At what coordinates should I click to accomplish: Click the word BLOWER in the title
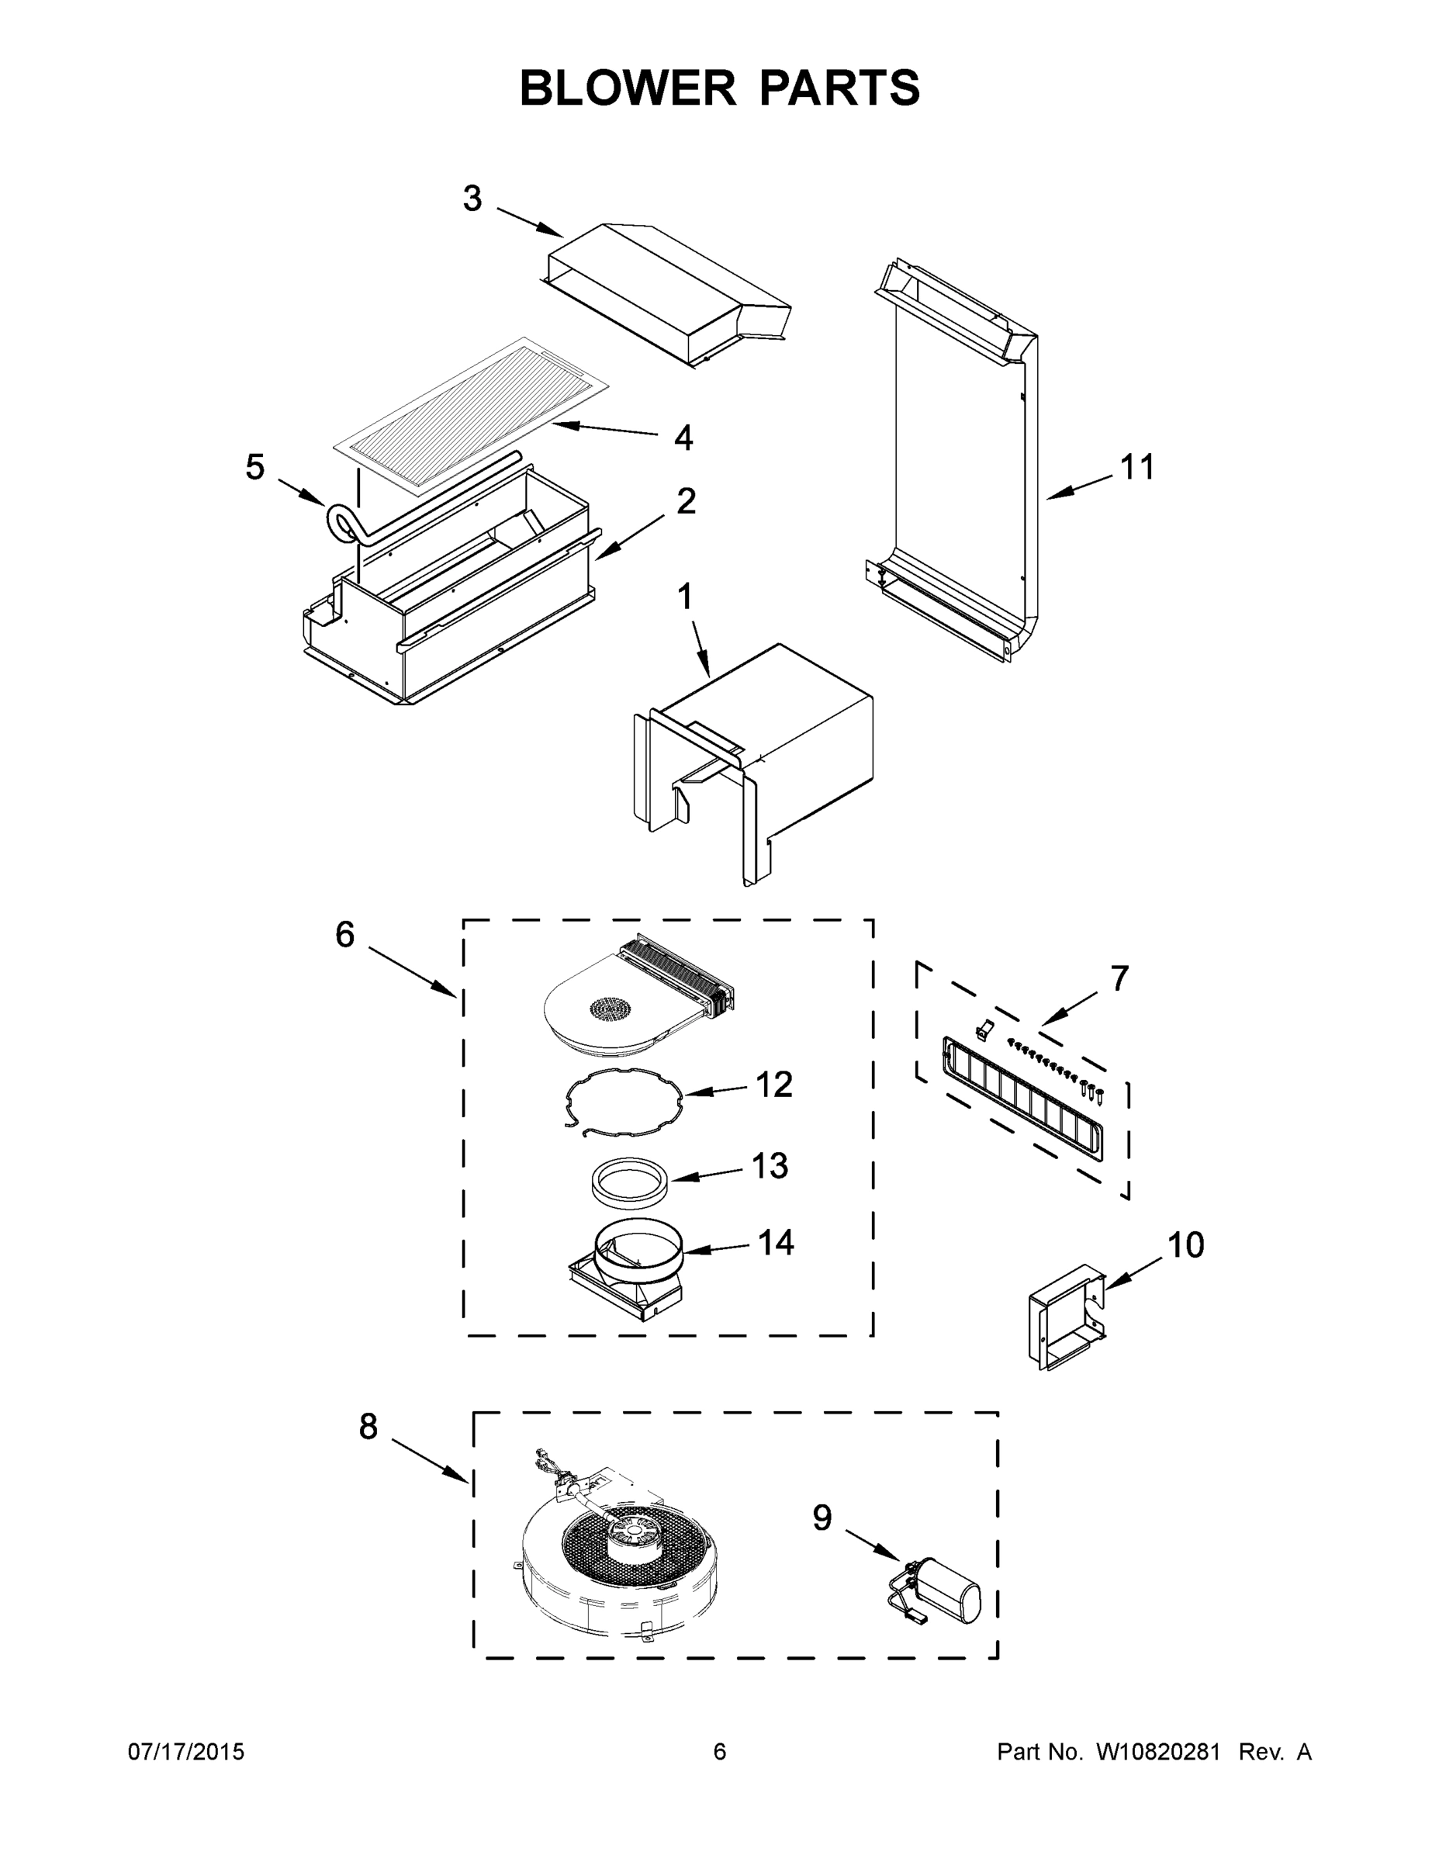[x=628, y=88]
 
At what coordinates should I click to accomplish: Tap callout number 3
[x=472, y=199]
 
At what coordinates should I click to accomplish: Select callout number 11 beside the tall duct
[x=1137, y=467]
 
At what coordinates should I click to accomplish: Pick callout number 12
[x=773, y=1085]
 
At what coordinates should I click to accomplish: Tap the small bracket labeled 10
[x=1066, y=1317]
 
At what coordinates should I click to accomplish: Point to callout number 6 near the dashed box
[x=344, y=935]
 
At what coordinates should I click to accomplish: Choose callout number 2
[x=686, y=501]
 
